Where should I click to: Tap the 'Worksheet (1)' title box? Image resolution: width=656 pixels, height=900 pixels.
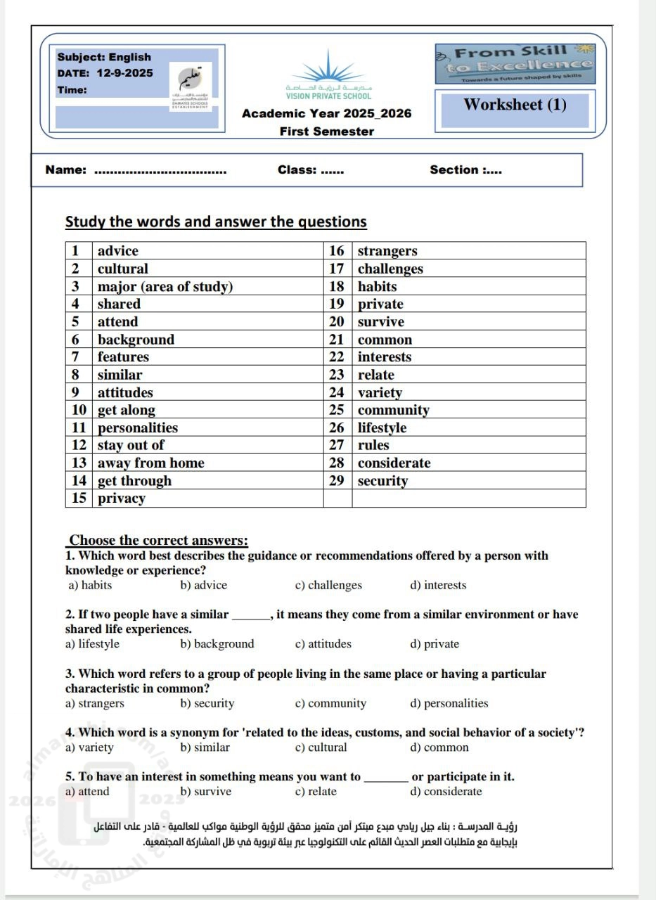tap(515, 105)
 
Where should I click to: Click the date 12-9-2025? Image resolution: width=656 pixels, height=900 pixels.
tap(124, 73)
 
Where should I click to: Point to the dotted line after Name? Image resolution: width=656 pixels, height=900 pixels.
tap(160, 171)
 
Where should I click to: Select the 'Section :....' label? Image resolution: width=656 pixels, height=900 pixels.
tap(465, 169)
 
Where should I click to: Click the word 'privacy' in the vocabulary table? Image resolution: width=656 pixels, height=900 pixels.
tap(122, 499)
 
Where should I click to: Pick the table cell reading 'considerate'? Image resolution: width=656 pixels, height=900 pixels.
tap(394, 463)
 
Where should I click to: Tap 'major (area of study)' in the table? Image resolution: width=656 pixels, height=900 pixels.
tap(165, 287)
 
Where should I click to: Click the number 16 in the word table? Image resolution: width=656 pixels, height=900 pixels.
tap(337, 251)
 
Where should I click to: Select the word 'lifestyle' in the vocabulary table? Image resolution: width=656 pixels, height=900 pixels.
tap(382, 428)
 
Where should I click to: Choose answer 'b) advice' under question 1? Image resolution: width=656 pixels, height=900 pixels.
tap(203, 585)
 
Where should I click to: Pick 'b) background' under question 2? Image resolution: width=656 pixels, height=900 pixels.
tap(217, 644)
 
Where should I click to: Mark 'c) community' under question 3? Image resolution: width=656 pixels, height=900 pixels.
tap(330, 703)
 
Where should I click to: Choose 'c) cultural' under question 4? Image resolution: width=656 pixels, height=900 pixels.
tap(321, 747)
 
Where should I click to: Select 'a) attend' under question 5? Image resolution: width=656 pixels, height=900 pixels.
tap(87, 792)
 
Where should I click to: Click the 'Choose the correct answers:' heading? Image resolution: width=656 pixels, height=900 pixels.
tap(158, 541)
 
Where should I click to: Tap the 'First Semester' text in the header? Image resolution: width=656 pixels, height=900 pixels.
tap(326, 131)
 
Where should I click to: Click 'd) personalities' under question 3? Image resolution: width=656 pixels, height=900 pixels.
tap(449, 703)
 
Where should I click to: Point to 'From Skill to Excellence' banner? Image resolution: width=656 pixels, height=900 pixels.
tap(515, 59)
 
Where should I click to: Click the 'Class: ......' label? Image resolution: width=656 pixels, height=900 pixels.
tap(311, 169)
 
